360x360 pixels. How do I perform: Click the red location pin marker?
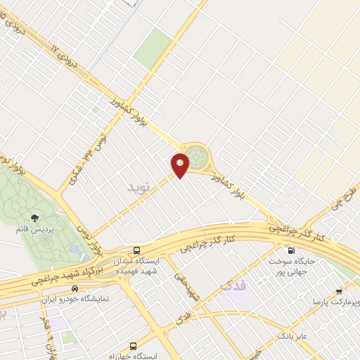pyautogui.click(x=180, y=165)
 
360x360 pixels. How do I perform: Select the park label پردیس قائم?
pyautogui.click(x=34, y=229)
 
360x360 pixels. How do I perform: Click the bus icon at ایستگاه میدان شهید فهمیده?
pyautogui.click(x=136, y=250)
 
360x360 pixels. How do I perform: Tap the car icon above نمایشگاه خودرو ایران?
pyautogui.click(x=75, y=288)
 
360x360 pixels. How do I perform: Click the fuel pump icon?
pyautogui.click(x=290, y=250)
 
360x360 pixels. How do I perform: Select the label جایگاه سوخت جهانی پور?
pyautogui.click(x=295, y=265)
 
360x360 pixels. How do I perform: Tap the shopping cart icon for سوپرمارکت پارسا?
pyautogui.click(x=339, y=291)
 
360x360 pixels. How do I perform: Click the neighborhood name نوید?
pyautogui.click(x=139, y=187)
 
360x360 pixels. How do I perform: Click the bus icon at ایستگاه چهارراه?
pyautogui.click(x=134, y=346)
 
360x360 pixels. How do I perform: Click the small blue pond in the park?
pyautogui.click(x=75, y=250)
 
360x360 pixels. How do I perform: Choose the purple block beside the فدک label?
pyautogui.click(x=243, y=296)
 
